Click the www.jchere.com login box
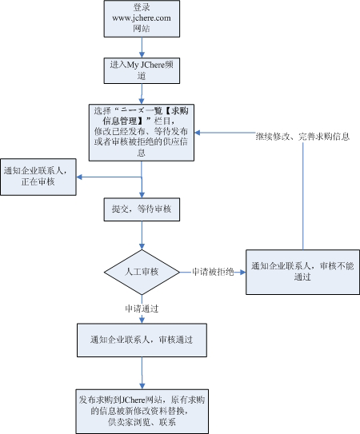[142, 18]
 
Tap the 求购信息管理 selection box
[142, 131]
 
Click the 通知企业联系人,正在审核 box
[39, 178]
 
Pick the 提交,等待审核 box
[142, 209]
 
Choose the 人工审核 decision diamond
[142, 272]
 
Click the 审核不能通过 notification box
[302, 272]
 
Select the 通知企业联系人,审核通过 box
[142, 340]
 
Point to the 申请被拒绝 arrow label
[212, 272]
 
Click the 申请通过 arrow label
[141, 307]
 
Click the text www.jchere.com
[142, 18]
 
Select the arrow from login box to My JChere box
[142, 46]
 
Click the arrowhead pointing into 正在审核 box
[81, 177]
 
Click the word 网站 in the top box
[142, 28]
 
